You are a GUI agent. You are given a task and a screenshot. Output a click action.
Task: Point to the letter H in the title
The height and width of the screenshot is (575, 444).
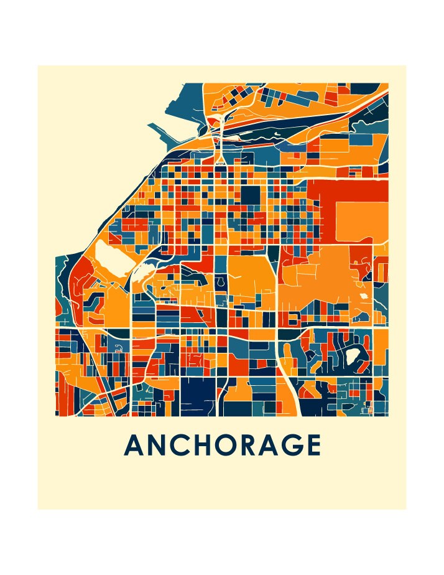point(206,445)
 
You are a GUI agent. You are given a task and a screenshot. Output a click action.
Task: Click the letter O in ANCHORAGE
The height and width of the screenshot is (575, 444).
point(231,445)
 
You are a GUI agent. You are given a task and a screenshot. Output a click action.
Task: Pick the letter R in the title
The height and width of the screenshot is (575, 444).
point(255,445)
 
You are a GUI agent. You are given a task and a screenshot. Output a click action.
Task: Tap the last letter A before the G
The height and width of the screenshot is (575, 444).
point(275,445)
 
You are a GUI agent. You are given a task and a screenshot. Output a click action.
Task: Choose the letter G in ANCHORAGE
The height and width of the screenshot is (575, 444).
point(298,445)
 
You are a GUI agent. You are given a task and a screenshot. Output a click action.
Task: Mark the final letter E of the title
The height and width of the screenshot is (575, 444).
point(317,445)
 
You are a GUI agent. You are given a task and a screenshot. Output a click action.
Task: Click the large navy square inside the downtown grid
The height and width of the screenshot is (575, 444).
point(251,195)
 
